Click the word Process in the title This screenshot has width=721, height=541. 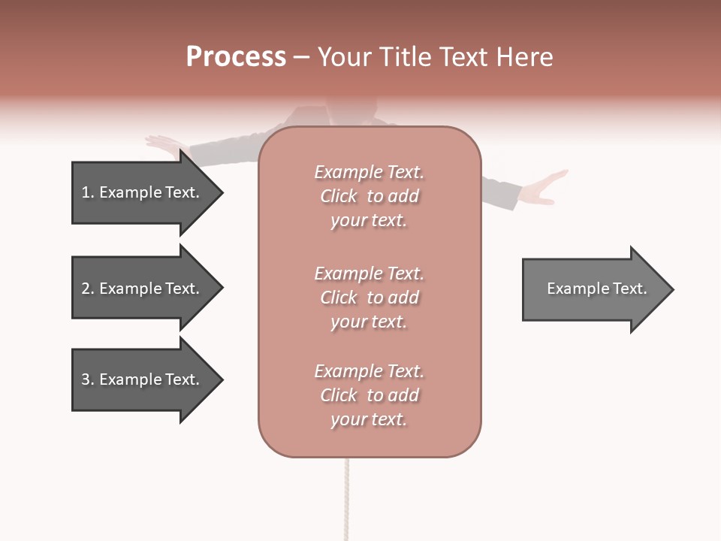pyautogui.click(x=236, y=57)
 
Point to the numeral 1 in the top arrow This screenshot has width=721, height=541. pyautogui.click(x=86, y=192)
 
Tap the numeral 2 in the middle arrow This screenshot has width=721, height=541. pyautogui.click(x=86, y=289)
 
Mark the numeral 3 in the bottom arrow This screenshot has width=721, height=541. pyautogui.click(x=86, y=379)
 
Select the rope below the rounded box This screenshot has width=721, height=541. pyautogui.click(x=346, y=496)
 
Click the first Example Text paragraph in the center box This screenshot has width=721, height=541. pyautogui.click(x=369, y=196)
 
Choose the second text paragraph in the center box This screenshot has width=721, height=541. pyautogui.click(x=369, y=298)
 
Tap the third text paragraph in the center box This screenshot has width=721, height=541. pyautogui.click(x=369, y=395)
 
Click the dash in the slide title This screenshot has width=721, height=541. pyautogui.click(x=302, y=57)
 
